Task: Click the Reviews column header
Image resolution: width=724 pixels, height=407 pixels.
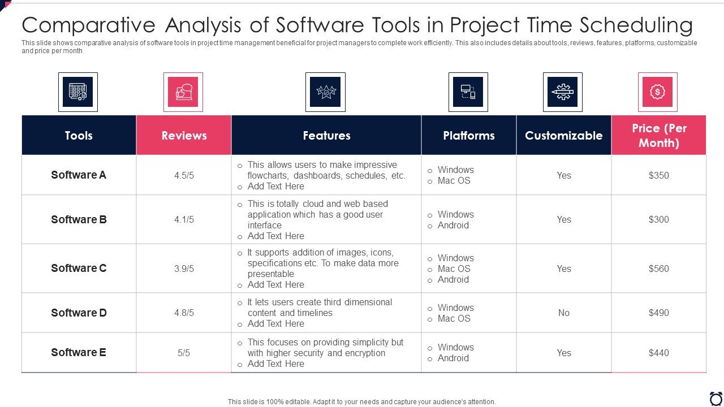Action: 184,136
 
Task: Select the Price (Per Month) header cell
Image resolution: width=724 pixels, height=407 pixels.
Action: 658,136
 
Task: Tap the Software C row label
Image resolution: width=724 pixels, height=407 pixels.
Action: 79,268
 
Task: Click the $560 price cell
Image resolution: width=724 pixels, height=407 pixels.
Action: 658,269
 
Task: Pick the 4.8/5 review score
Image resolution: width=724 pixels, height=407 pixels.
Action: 184,313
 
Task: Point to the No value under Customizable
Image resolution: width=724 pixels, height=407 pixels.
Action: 563,313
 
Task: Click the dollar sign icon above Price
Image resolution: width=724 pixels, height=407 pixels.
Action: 657,92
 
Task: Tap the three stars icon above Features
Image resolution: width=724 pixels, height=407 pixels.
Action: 325,92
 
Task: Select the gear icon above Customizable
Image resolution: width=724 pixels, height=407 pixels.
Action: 562,92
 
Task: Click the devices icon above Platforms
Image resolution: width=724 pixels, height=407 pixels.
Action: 468,92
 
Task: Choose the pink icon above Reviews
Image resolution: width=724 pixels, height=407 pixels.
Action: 183,92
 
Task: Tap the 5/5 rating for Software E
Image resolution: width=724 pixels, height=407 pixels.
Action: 184,353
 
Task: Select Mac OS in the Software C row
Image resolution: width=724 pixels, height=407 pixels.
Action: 454,269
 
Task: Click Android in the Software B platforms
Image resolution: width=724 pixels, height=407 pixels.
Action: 453,225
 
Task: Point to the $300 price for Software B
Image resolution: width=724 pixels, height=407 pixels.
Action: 658,219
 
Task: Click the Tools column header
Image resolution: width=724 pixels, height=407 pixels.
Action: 79,136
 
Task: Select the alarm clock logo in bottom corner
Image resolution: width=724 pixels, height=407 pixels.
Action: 716,398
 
